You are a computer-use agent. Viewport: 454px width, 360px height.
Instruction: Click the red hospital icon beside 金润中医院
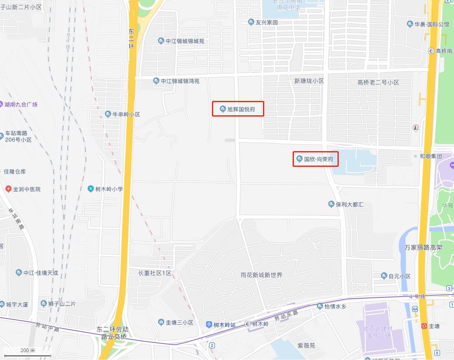8,189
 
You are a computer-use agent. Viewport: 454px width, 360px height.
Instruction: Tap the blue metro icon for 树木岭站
209,325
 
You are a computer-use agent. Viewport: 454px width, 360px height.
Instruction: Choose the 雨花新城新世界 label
261,275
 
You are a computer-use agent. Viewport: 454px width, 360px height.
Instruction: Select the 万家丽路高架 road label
423,248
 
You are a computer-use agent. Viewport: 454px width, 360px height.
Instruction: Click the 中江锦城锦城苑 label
185,41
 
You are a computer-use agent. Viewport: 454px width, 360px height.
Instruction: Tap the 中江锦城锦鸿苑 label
180,81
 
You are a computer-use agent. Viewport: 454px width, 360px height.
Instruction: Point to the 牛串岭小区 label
126,114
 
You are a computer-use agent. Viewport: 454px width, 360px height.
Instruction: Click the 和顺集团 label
431,157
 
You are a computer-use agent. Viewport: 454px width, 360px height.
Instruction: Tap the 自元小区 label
399,276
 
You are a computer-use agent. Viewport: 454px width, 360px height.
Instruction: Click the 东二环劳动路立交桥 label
112,333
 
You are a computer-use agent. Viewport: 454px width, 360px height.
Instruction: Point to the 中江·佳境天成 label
41,273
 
